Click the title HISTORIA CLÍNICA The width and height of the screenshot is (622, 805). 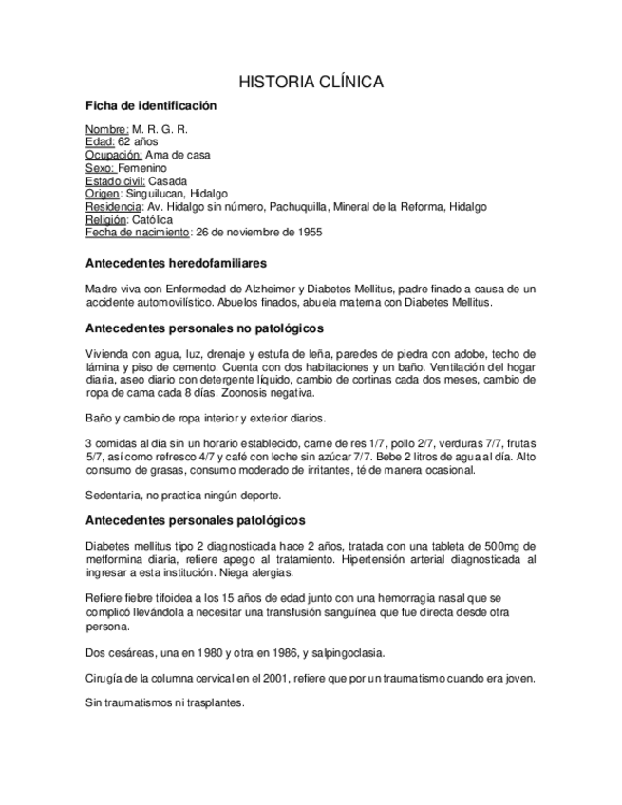tap(311, 83)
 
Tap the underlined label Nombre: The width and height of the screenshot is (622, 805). tap(106, 129)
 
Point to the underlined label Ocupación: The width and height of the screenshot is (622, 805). tap(114, 155)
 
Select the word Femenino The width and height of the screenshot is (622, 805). tap(142, 168)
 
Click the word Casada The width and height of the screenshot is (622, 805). tap(168, 180)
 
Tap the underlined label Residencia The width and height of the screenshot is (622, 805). tap(112, 206)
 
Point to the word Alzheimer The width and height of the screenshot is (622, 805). tap(271, 289)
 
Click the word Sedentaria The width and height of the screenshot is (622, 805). tap(113, 495)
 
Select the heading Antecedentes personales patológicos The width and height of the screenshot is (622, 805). tap(195, 520)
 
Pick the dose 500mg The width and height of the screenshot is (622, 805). tap(501, 546)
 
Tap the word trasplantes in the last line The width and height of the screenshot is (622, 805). tap(215, 703)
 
